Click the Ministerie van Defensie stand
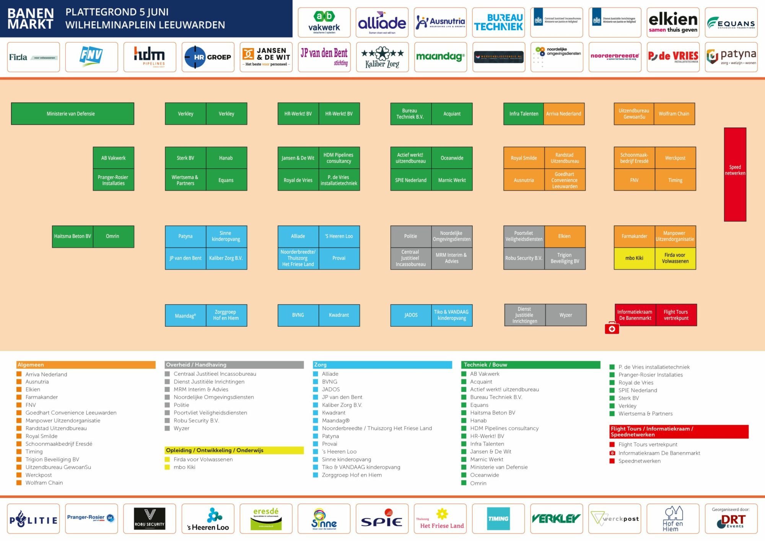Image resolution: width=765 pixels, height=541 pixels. pos(72,114)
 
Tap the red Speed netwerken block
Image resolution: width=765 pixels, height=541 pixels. pos(735,174)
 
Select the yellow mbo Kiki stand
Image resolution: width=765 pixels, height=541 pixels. pos(634,258)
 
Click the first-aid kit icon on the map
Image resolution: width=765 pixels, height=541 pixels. pos(612,329)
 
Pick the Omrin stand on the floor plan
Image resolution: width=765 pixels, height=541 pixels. pos(113,236)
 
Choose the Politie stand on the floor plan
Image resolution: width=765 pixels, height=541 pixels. pos(410,236)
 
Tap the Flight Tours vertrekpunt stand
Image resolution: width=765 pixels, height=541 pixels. pos(676,315)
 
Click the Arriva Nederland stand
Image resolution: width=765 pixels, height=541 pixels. pos(563,114)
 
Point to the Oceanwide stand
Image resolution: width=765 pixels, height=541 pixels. pos(452,158)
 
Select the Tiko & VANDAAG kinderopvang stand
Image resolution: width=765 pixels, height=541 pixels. pos(451,315)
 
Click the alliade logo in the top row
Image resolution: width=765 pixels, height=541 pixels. pos(382,23)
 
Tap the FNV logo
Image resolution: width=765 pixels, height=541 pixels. pos(91,57)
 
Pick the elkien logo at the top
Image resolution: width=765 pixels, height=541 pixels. pos(673,23)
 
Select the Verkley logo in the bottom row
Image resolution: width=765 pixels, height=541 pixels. pos(556,519)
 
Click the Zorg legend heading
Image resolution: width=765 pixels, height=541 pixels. pos(321,365)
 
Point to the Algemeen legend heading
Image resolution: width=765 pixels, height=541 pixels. pos(31,365)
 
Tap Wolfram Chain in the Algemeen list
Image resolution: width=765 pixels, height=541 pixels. pos(44,483)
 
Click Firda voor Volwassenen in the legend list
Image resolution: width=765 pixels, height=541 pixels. pos(203,460)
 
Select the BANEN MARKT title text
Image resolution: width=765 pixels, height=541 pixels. pos(31,18)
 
